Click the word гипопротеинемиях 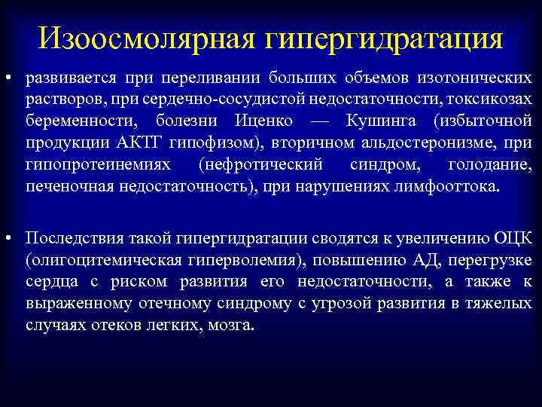[98, 164]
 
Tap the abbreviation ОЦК [513, 238]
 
